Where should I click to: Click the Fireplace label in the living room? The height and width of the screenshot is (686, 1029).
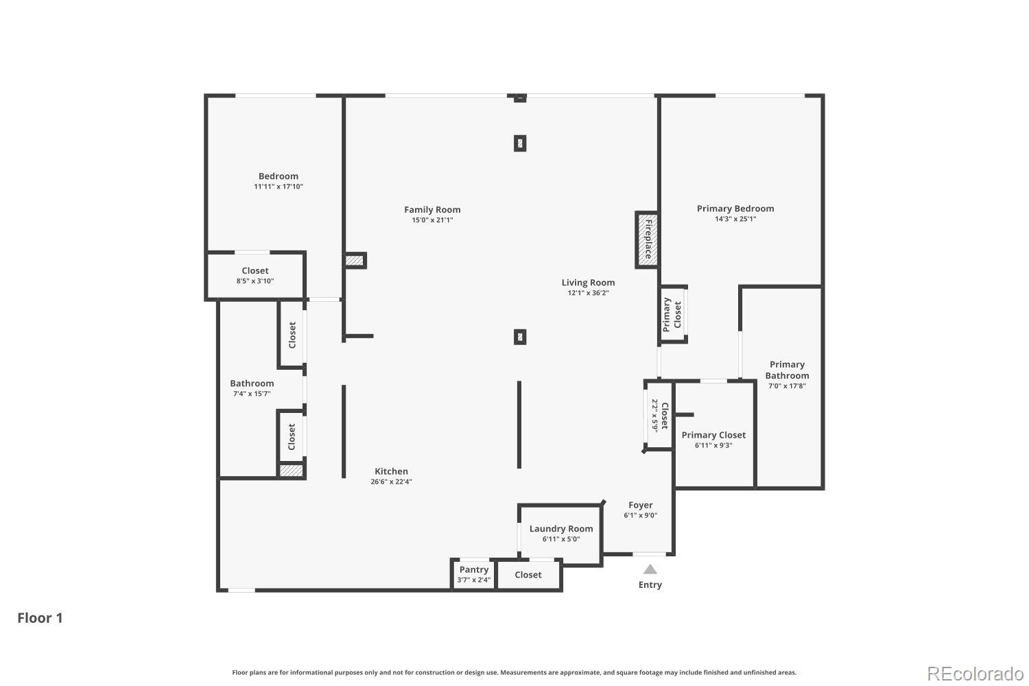click(x=648, y=239)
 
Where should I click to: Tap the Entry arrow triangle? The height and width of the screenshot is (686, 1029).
click(x=650, y=569)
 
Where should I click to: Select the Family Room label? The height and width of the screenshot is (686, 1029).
click(x=432, y=210)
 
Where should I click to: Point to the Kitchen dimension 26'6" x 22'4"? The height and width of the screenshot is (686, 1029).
click(x=391, y=482)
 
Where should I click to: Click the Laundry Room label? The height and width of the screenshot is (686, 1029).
click(x=561, y=528)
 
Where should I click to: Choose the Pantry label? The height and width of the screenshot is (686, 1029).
click(x=474, y=569)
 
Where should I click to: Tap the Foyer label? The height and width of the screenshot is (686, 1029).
click(x=641, y=505)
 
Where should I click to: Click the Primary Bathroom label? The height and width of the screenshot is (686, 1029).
click(x=787, y=370)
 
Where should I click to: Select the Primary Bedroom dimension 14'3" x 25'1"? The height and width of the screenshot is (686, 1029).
click(x=735, y=219)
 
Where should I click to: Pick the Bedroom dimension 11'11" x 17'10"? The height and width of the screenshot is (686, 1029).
click(x=279, y=187)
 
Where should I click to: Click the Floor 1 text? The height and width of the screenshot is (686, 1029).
click(x=40, y=618)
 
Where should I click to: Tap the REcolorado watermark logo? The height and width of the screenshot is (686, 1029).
click(x=975, y=673)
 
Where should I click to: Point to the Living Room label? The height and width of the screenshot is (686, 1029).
click(x=588, y=283)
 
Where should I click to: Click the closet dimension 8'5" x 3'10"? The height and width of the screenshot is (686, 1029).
click(x=255, y=281)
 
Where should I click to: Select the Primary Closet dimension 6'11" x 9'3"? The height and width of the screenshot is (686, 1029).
click(x=713, y=445)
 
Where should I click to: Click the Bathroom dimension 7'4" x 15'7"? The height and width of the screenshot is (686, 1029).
click(x=252, y=394)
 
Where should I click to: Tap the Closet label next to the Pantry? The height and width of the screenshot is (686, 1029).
click(x=528, y=575)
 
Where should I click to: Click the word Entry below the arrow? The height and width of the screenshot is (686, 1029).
click(x=650, y=585)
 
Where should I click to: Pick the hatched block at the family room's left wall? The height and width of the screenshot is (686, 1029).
click(x=355, y=261)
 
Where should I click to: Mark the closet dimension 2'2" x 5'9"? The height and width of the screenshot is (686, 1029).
click(x=654, y=415)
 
